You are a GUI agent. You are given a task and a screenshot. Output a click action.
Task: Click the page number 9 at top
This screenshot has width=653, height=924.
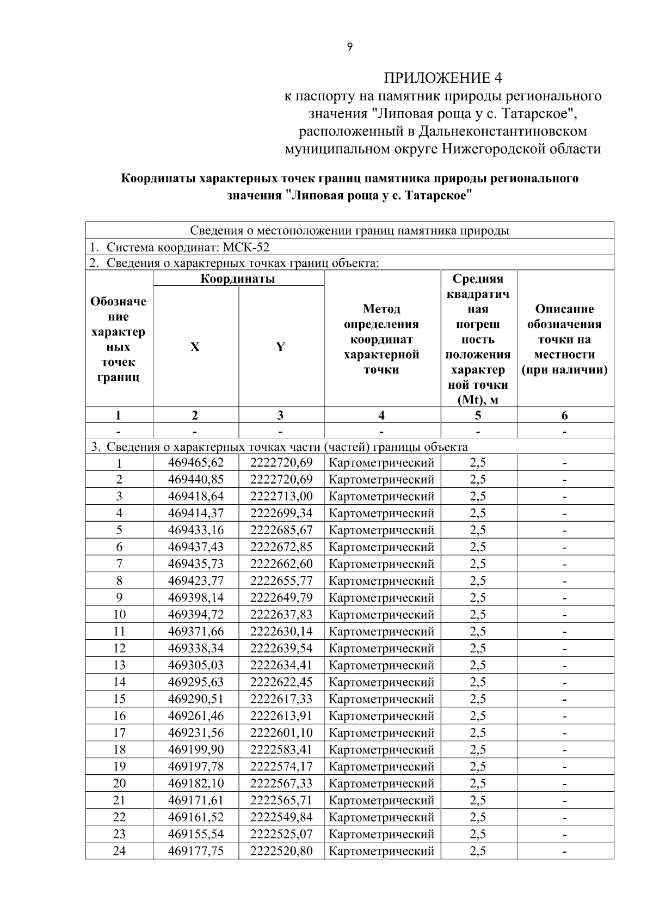[x=349, y=47]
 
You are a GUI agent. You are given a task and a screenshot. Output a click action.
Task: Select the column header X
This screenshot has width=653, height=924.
[x=195, y=347]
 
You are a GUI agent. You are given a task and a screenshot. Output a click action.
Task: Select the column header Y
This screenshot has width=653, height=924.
[x=280, y=347]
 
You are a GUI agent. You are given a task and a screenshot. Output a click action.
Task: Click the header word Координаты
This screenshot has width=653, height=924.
[x=238, y=279]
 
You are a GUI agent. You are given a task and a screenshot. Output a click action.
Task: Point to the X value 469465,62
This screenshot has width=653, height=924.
[x=196, y=463]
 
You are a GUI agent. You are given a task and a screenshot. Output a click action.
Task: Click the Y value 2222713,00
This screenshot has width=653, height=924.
[x=281, y=497]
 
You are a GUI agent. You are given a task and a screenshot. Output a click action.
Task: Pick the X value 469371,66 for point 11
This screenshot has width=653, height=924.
[x=196, y=632]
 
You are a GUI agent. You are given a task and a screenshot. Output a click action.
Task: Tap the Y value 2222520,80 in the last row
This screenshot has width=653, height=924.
[x=281, y=851]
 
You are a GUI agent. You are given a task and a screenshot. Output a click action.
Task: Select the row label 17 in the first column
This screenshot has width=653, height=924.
[x=119, y=733]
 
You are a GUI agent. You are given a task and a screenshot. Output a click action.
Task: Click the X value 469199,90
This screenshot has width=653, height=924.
[x=196, y=750]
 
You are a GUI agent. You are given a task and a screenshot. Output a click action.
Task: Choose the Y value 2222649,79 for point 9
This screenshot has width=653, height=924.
[x=281, y=598]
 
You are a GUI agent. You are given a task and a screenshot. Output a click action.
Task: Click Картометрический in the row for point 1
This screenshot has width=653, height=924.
[x=382, y=463]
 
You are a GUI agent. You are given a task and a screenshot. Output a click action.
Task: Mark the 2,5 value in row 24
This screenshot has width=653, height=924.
[x=478, y=851]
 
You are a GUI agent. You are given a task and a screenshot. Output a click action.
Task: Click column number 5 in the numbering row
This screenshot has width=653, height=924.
[x=478, y=415]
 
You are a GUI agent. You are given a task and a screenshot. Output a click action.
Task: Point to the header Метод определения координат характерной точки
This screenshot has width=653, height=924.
[x=381, y=340]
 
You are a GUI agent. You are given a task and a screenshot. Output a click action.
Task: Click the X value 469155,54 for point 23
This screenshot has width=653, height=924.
[x=196, y=834]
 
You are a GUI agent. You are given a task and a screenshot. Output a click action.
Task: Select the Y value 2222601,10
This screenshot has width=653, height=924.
[x=281, y=733]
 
